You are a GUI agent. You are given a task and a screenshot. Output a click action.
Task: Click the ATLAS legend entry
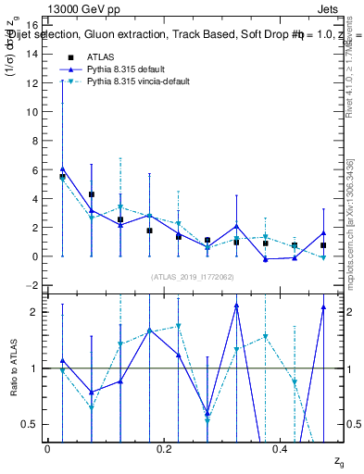point(101,56)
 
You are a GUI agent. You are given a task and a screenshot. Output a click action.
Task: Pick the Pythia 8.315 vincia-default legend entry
point(138,82)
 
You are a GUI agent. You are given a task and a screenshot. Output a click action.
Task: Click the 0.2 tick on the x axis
point(164,449)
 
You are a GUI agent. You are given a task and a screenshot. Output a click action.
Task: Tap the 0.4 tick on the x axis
point(281,449)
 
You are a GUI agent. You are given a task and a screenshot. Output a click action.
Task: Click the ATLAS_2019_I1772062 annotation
point(193,277)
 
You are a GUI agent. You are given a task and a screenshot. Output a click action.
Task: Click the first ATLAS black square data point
point(62,176)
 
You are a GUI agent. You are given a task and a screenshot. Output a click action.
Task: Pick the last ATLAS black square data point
point(323,245)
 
